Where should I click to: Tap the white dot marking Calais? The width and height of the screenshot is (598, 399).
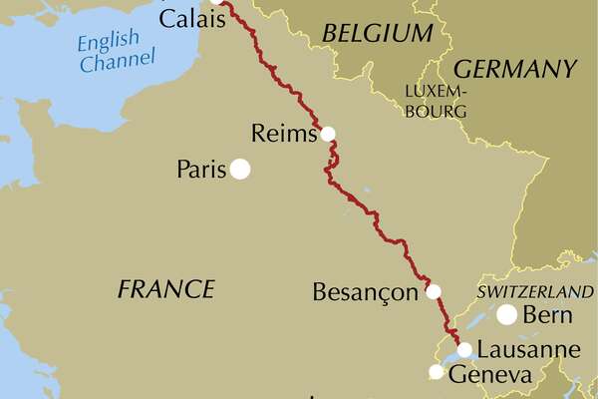click(x=213, y=1)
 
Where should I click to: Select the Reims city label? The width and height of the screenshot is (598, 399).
click(x=286, y=134)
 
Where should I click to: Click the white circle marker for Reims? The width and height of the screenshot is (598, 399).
click(x=328, y=134)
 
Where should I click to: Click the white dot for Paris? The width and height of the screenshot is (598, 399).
click(x=240, y=170)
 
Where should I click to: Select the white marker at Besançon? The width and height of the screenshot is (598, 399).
click(x=434, y=292)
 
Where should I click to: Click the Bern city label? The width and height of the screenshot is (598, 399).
click(x=552, y=316)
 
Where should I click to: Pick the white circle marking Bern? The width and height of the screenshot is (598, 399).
click(x=507, y=315)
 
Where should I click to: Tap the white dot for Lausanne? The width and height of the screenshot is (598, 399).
click(x=464, y=349)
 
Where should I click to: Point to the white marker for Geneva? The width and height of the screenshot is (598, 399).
click(x=436, y=372)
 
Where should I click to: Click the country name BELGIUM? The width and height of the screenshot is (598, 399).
click(x=378, y=34)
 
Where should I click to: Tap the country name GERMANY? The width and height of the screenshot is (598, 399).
click(x=515, y=69)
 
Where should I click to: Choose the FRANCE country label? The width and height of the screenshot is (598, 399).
click(x=165, y=289)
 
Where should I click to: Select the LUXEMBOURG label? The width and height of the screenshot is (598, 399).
click(x=436, y=101)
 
